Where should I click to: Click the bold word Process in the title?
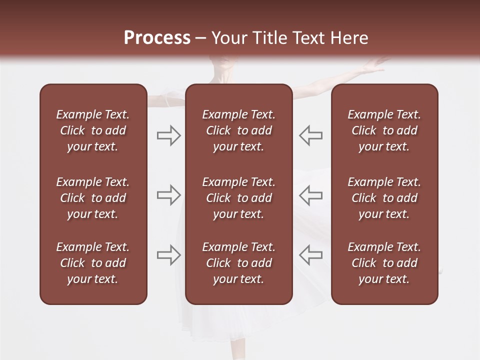click(x=157, y=38)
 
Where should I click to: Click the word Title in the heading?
click(x=270, y=38)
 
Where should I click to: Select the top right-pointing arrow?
click(x=169, y=135)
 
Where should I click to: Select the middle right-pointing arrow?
click(x=169, y=195)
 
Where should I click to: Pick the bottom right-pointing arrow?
click(x=169, y=255)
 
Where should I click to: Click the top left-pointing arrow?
click(x=310, y=135)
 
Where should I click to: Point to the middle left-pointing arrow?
click(x=310, y=195)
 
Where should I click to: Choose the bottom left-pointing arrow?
click(x=310, y=255)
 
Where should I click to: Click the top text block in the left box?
click(x=93, y=130)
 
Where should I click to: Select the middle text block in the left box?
click(x=93, y=198)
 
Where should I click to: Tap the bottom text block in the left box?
click(x=93, y=263)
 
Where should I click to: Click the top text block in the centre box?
click(x=238, y=130)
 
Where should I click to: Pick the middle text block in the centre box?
click(x=238, y=198)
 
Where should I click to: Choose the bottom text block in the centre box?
click(x=238, y=263)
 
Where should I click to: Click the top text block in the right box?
click(x=384, y=130)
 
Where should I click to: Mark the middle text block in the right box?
click(x=384, y=198)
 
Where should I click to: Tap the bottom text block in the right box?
click(x=384, y=263)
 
